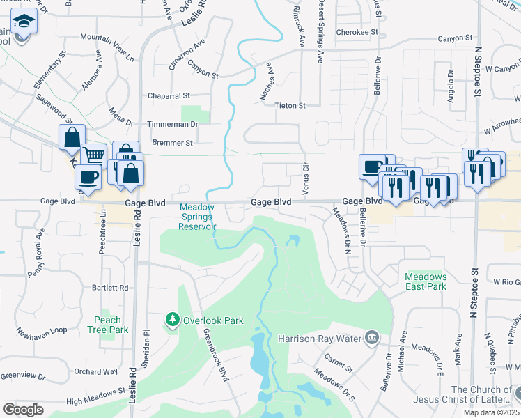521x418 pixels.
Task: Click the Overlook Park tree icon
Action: coord(172,320)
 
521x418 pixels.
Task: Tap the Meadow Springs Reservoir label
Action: coord(199,217)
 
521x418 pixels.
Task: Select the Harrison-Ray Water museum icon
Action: coord(373,339)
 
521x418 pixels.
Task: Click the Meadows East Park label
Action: coord(426,281)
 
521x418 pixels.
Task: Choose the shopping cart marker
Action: coord(94,155)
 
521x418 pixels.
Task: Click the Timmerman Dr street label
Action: coord(173,124)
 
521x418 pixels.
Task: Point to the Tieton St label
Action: coord(292,105)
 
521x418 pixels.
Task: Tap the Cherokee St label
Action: coord(357,32)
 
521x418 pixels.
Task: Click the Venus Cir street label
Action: coord(305,178)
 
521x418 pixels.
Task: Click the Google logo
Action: coord(24,409)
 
